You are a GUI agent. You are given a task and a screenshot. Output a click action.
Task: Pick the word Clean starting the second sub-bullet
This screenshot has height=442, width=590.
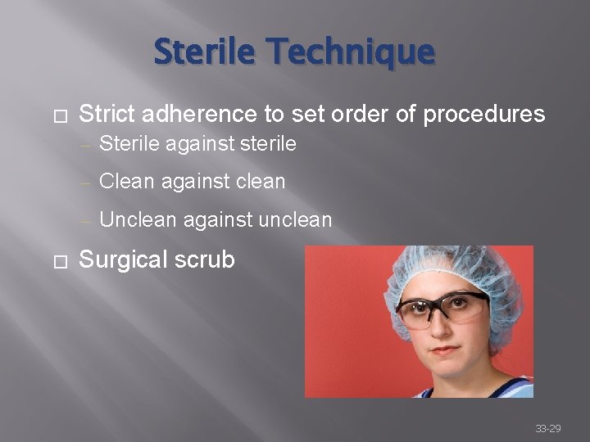125,181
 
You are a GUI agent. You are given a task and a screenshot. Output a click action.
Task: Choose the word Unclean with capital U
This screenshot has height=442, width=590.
137,219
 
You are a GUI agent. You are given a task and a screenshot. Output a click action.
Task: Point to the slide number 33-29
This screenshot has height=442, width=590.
547,428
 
